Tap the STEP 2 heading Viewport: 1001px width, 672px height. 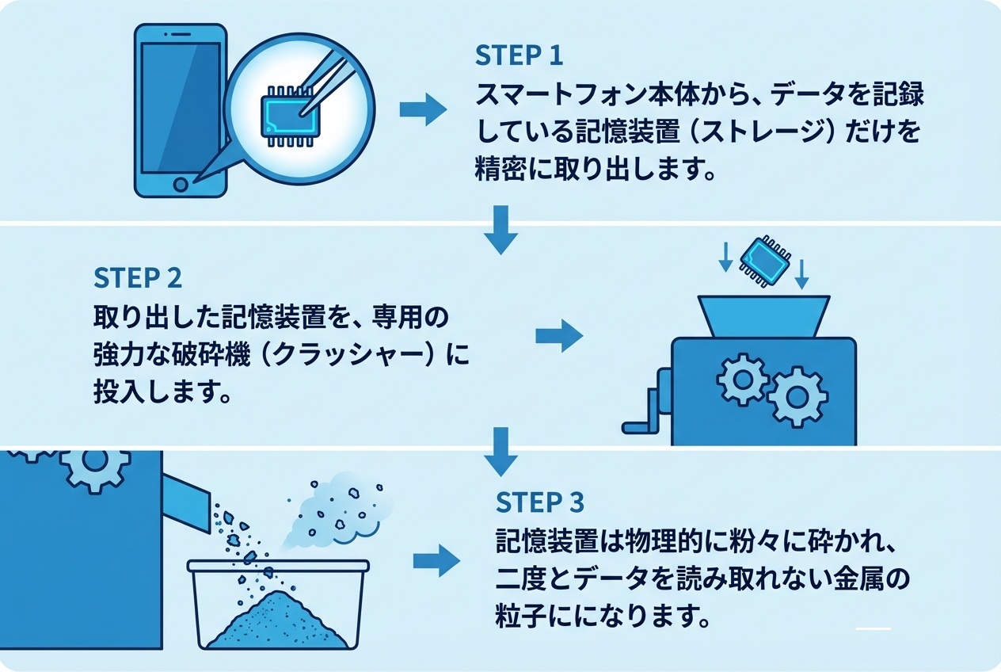coord(138,277)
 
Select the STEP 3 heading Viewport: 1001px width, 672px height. coord(540,502)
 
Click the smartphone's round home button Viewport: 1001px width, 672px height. coord(181,185)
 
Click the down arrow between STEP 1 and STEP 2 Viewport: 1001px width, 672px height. coord(500,229)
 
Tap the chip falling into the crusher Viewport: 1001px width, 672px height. coord(763,261)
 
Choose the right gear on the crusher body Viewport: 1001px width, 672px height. coord(797,395)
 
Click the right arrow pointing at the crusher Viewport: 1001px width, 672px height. coord(559,336)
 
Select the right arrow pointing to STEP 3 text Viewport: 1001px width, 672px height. coord(436,561)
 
